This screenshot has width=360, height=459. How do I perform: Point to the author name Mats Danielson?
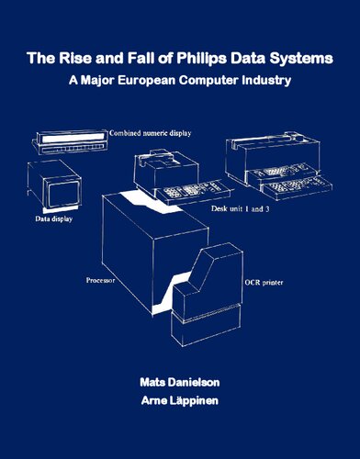(180, 378)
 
